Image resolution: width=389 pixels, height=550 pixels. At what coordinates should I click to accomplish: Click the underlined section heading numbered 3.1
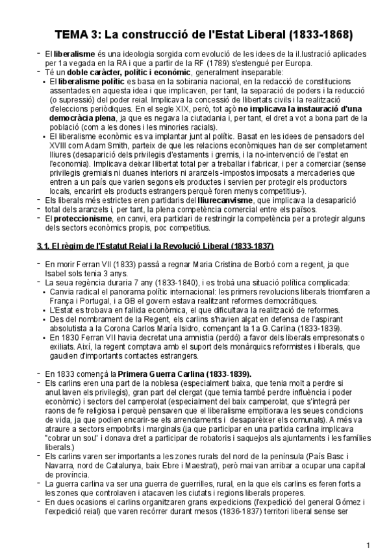click(155, 246)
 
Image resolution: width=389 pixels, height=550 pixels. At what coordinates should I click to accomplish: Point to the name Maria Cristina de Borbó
click(201, 265)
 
